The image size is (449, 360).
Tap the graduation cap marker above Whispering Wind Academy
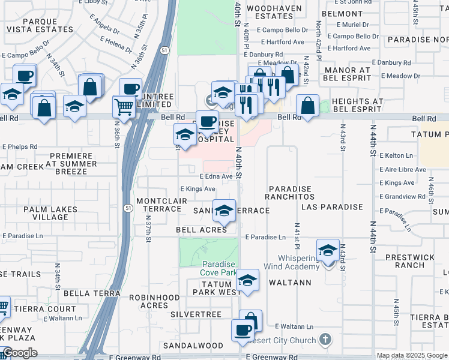[328, 251]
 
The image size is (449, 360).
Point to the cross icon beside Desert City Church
[325, 340]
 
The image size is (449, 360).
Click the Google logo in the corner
[20, 353]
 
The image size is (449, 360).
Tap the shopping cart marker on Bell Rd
[124, 107]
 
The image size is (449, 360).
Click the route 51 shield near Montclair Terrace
[129, 208]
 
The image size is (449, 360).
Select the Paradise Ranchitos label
[291, 192]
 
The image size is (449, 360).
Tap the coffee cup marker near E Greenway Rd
[243, 331]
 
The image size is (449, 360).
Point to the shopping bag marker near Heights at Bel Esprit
[307, 106]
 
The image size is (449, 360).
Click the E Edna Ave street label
[215, 176]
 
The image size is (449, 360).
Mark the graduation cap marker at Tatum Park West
[247, 281]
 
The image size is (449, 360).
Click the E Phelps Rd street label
[19, 146]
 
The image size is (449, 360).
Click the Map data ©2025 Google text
[412, 355]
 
